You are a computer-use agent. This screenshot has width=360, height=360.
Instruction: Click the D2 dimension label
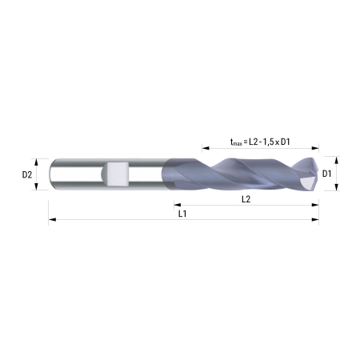click(x=27, y=174)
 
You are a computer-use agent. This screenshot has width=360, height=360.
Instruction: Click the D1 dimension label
click(x=326, y=174)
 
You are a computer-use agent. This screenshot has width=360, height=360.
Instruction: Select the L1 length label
click(x=182, y=214)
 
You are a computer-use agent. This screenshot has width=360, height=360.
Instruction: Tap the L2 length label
click(x=246, y=199)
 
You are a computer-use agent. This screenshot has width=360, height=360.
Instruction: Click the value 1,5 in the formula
click(x=268, y=142)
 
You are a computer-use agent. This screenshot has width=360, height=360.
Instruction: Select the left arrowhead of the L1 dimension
click(x=52, y=219)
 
